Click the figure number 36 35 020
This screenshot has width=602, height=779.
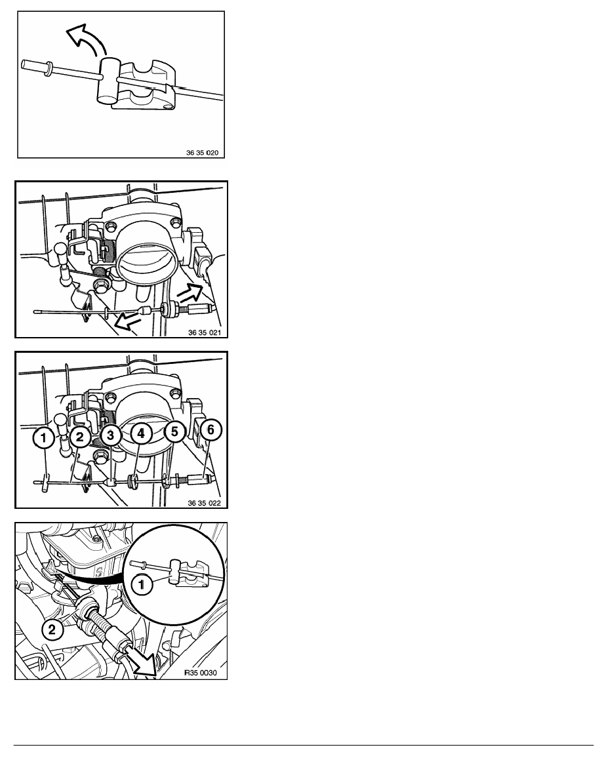pos(202,153)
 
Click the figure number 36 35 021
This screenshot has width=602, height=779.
pos(204,332)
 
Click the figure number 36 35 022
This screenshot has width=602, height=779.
pos(204,503)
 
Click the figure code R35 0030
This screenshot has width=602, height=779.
pos(201,673)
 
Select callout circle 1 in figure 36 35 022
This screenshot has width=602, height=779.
pos(44,438)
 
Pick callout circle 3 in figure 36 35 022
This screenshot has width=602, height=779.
pos(110,435)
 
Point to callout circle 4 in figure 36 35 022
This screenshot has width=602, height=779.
pos(141,433)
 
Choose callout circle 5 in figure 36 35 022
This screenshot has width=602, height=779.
pos(174,431)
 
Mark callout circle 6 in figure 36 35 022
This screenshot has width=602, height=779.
pos(211,429)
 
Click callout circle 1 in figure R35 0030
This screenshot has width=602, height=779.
pos(142,584)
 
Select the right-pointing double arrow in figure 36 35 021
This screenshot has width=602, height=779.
pos(191,292)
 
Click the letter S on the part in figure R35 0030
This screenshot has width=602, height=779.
pos(99,572)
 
